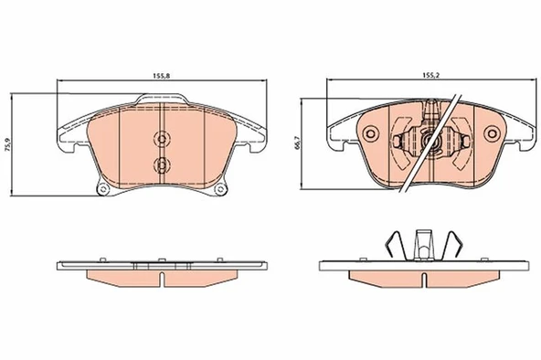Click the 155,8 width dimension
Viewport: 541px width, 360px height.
tap(162, 76)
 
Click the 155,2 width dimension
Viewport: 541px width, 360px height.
tap(431, 75)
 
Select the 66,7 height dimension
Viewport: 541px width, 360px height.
tap(298, 142)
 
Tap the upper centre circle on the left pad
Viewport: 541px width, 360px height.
tap(162, 139)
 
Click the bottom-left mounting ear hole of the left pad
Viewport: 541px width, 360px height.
tap(102, 189)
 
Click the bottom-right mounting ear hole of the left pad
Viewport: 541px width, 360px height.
tap(219, 189)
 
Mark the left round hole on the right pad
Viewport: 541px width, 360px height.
tap(371, 133)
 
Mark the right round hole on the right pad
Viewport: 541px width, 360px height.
tap(492, 133)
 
